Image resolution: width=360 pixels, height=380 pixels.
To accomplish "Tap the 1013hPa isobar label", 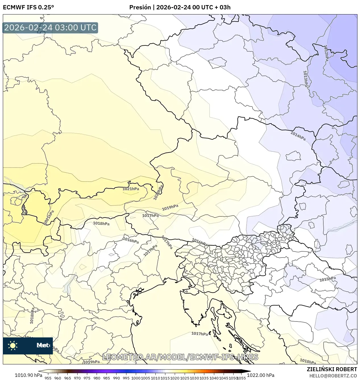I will click(x=305, y=79).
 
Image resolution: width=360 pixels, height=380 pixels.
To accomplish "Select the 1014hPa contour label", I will click(x=298, y=136).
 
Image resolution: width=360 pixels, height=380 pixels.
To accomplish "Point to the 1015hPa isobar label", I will click(x=327, y=279).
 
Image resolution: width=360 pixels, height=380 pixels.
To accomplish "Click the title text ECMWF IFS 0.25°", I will click(x=28, y=7).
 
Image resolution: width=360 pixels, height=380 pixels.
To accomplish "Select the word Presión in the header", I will click(x=140, y=7).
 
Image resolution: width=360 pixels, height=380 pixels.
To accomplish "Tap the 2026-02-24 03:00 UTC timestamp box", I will click(x=50, y=28).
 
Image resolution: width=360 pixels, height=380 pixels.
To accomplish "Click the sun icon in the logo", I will click(x=13, y=345).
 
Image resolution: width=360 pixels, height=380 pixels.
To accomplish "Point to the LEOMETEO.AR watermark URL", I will click(x=180, y=357).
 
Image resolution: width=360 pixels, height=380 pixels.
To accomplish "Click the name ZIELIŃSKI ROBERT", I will click(x=332, y=369).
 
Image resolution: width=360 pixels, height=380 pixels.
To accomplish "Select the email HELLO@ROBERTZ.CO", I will click(x=333, y=376).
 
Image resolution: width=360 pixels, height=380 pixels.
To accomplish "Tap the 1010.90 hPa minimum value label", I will click(x=28, y=375).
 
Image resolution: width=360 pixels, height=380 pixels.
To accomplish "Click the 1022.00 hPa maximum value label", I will click(x=261, y=375).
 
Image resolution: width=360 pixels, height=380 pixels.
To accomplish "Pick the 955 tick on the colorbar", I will click(x=48, y=378).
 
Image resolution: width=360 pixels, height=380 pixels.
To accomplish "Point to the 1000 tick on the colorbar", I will click(x=136, y=378).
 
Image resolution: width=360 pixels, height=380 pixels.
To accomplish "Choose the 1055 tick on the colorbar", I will click(x=241, y=378).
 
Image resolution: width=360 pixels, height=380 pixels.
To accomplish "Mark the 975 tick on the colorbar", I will click(x=87, y=378).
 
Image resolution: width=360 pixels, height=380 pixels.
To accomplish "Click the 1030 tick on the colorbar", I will click(x=194, y=378).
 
